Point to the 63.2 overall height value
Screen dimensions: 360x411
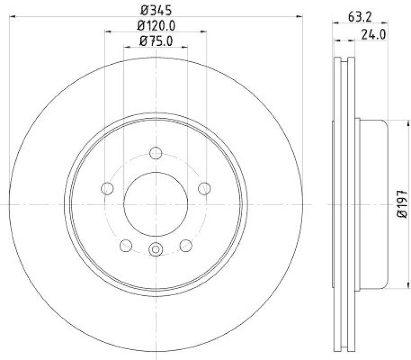(x=359, y=15)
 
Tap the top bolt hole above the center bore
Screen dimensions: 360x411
(x=155, y=153)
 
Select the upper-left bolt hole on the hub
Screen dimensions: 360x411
(x=107, y=188)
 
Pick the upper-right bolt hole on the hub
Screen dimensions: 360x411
(x=204, y=188)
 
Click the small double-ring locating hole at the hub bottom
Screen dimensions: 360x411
(x=155, y=249)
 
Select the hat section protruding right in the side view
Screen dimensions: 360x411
(x=372, y=205)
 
